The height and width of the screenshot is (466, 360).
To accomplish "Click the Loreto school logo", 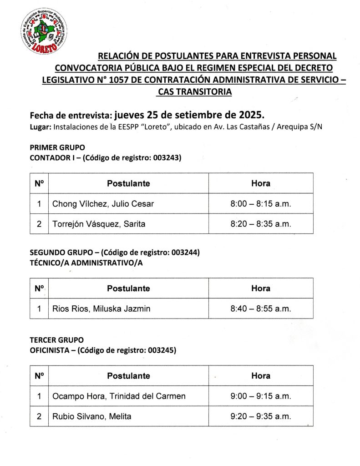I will (x=44, y=30).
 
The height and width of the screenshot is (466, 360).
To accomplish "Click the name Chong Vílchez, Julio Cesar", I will (x=103, y=204).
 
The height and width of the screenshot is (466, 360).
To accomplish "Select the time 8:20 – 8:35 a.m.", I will (x=261, y=224).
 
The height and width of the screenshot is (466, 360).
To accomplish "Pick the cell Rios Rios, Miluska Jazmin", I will (x=101, y=309).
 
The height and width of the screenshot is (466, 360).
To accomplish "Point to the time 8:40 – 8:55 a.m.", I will (x=261, y=309).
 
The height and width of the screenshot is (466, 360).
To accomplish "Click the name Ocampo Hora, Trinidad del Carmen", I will (x=119, y=396).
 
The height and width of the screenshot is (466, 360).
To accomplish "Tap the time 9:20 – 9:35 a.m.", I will (x=261, y=416).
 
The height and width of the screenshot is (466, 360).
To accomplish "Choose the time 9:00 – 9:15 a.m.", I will (x=261, y=396).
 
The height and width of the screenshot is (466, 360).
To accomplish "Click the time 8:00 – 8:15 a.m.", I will (x=261, y=204).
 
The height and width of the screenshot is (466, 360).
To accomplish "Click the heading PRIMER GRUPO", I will (x=57, y=147).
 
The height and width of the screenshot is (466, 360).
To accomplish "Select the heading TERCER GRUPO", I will (x=56, y=340).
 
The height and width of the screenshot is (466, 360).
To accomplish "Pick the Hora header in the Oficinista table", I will (x=261, y=376).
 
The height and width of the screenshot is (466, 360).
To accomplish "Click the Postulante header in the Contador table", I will (x=128, y=183).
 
